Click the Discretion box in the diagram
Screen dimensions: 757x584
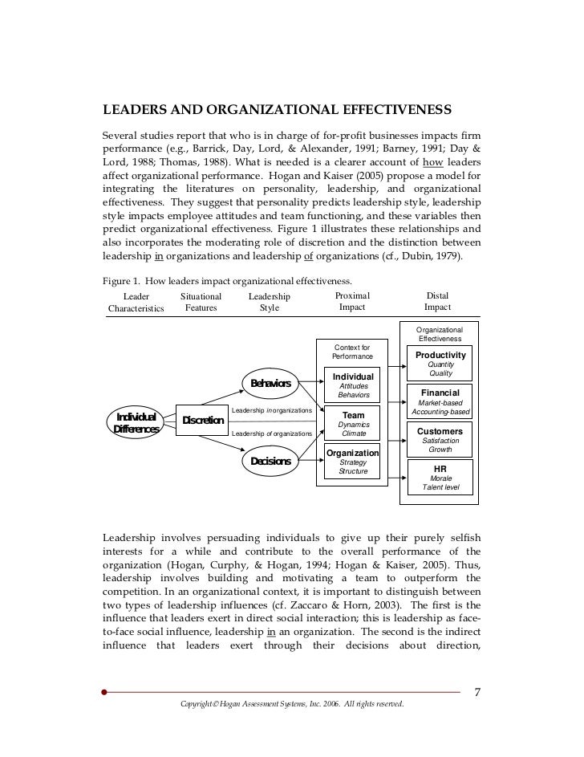[202, 420]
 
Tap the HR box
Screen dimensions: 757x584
[440, 477]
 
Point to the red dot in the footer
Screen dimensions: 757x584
[104, 691]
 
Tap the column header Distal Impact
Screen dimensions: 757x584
[437, 302]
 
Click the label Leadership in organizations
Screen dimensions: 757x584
[271, 411]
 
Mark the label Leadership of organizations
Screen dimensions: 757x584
[271, 433]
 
